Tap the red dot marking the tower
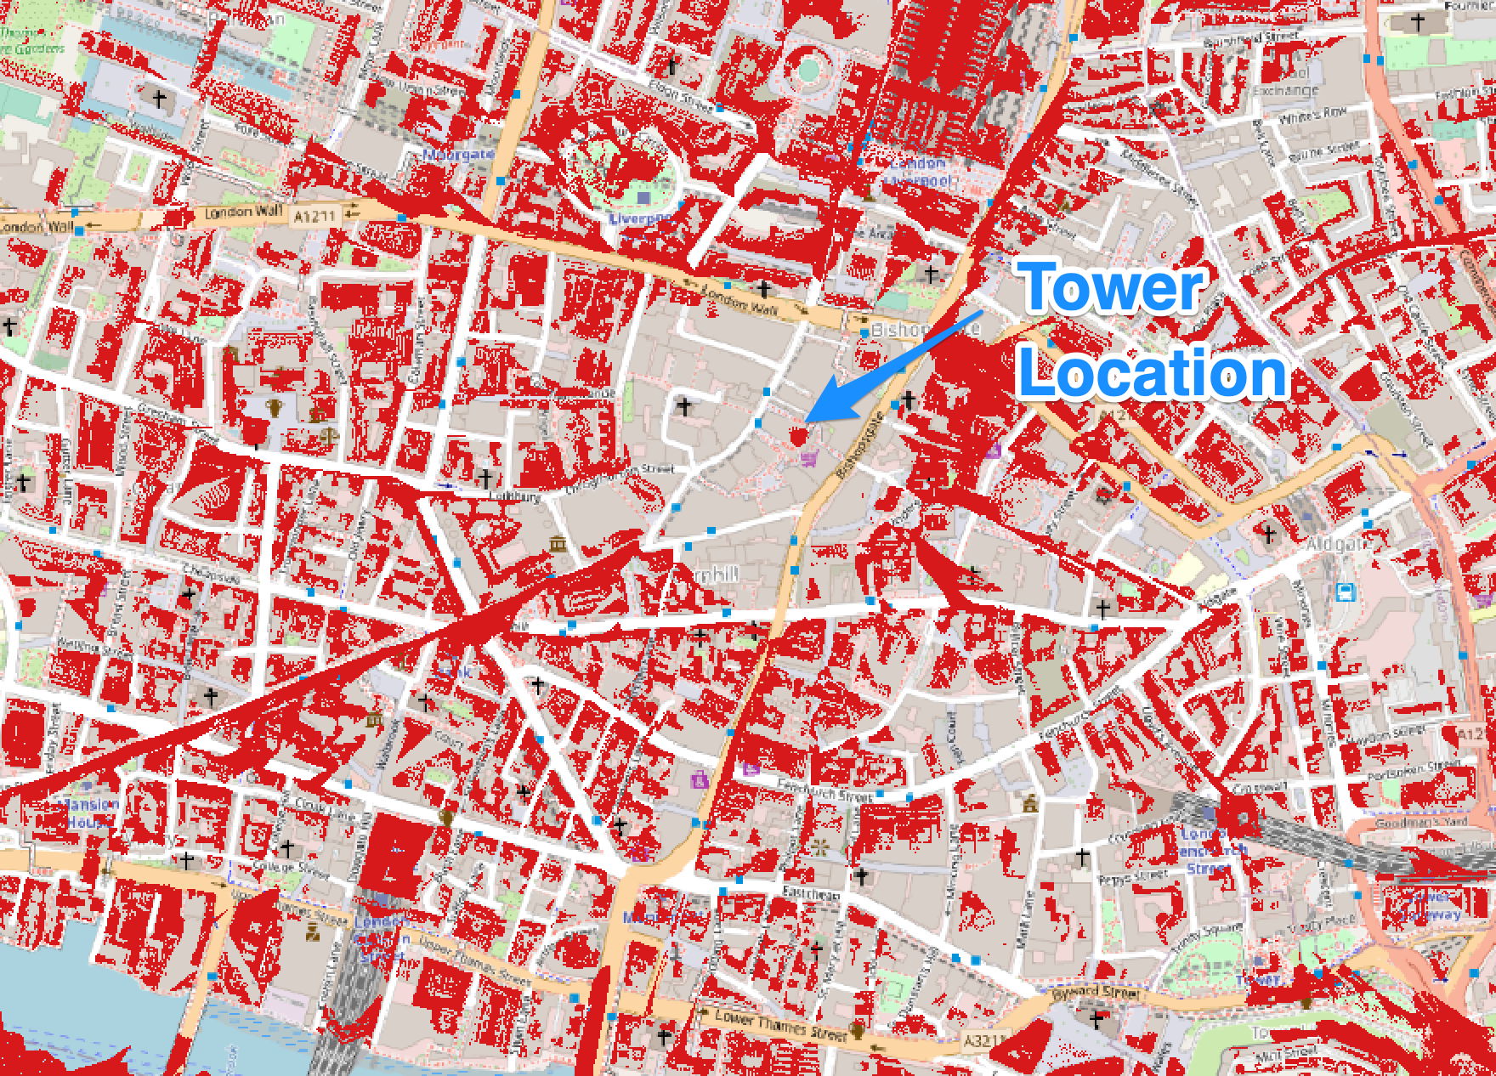(x=797, y=436)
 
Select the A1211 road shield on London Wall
(x=314, y=218)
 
